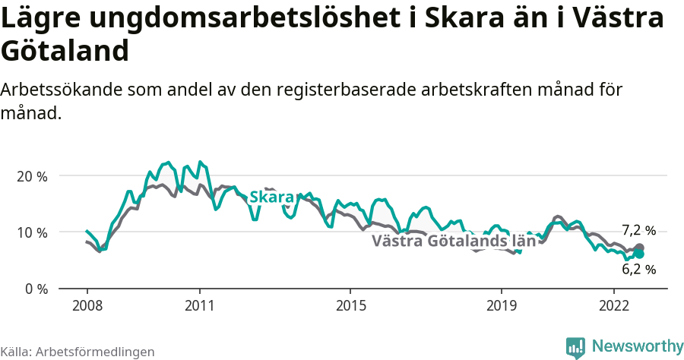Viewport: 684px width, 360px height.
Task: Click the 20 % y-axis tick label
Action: click(x=33, y=176)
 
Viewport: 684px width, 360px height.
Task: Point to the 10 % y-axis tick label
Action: click(x=33, y=232)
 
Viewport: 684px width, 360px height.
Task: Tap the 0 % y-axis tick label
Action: click(x=36, y=289)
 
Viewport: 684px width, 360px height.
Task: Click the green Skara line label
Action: click(x=271, y=197)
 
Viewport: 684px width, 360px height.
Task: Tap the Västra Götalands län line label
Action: click(x=454, y=242)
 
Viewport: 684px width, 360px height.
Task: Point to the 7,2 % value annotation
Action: click(x=638, y=230)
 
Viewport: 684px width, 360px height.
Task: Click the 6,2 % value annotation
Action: click(x=638, y=269)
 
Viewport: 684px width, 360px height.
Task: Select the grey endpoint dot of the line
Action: click(x=639, y=248)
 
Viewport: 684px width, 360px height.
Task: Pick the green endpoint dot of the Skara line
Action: click(x=639, y=254)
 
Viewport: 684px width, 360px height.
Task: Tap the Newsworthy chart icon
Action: click(x=575, y=347)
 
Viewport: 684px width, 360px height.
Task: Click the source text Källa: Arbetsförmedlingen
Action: click(x=78, y=352)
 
